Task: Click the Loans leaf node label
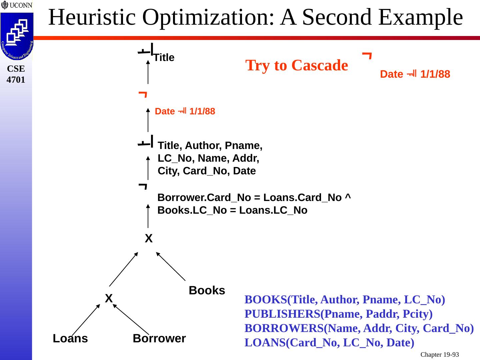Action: (70, 338)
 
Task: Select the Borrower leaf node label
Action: (159, 338)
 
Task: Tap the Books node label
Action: (207, 291)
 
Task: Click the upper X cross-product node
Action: (149, 239)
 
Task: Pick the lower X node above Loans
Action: (109, 298)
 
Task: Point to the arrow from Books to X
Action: (171, 266)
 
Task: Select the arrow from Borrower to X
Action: (131, 319)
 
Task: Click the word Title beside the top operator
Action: (164, 58)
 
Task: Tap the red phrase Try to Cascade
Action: (296, 65)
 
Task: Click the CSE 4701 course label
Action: (16, 74)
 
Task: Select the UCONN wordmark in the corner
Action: (17, 5)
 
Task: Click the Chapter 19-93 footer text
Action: (439, 355)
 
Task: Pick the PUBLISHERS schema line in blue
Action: (338, 314)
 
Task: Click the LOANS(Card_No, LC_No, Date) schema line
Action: (329, 343)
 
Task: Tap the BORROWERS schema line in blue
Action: (359, 328)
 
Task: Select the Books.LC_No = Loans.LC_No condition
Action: (232, 211)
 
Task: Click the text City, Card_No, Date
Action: (207, 171)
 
